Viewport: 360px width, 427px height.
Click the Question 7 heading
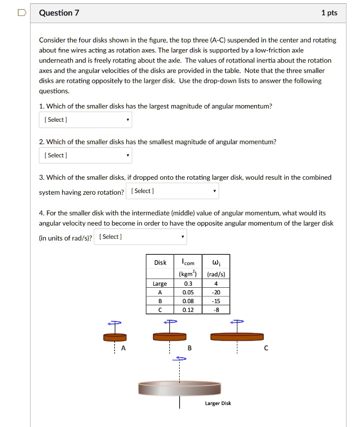[x=59, y=13]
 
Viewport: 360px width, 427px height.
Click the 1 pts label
[x=329, y=13]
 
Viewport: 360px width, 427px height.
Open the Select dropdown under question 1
[x=85, y=120]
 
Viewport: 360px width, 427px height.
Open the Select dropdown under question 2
[x=85, y=156]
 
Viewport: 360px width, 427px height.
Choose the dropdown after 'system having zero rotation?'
[x=172, y=191]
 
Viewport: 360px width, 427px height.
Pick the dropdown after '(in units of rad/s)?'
[x=140, y=237]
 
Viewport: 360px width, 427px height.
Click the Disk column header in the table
[x=160, y=262]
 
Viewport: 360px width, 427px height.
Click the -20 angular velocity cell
[x=216, y=292]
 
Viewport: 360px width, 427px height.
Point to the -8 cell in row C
[x=216, y=309]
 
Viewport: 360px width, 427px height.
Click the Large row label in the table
[x=160, y=284]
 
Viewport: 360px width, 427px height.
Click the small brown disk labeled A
[x=115, y=337]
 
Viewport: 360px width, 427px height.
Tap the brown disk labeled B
[x=170, y=336]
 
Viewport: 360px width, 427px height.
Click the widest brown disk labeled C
[x=237, y=336]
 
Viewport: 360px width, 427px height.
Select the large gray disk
[x=180, y=388]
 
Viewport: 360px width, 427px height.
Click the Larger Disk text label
[x=218, y=403]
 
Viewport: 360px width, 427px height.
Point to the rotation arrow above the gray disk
[x=180, y=358]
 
